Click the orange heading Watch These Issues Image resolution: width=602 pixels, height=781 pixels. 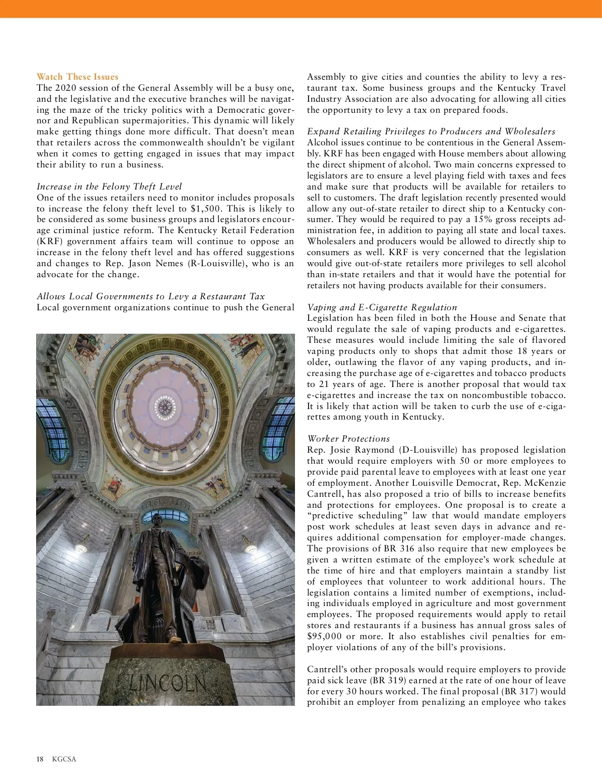tap(77, 77)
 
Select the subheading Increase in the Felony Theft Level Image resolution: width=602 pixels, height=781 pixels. tap(109, 186)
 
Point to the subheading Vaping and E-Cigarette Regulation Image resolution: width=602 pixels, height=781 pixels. tap(382, 307)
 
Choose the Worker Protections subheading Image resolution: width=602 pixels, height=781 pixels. tap(348, 439)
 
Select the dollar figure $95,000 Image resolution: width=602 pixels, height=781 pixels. tap(324, 637)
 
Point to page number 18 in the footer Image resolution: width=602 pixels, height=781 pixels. tap(40, 759)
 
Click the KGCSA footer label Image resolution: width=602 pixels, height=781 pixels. tap(64, 759)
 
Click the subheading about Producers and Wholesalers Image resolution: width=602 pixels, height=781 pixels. tap(431, 131)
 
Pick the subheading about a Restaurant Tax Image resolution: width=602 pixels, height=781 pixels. tap(150, 296)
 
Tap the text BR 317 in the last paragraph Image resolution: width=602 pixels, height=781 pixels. tap(527, 692)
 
